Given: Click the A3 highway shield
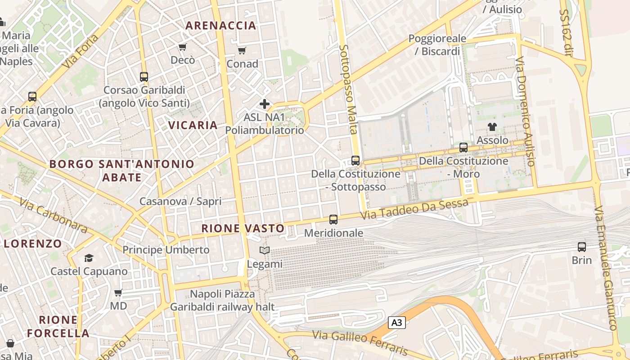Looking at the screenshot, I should click(x=396, y=322).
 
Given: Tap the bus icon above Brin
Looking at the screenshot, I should click(x=582, y=247).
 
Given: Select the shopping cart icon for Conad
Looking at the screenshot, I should click(x=242, y=50).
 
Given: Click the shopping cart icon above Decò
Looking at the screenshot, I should click(x=183, y=47).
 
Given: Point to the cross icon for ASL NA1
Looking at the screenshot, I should click(x=265, y=104).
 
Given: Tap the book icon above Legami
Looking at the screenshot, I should click(x=265, y=250).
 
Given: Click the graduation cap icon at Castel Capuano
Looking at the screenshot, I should click(x=89, y=258).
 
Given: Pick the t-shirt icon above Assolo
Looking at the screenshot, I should click(x=492, y=127).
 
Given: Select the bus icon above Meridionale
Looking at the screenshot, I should click(x=333, y=220).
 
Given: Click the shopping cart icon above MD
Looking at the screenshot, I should click(x=118, y=293).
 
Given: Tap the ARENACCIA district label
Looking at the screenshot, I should click(x=221, y=25).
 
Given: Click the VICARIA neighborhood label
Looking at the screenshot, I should click(x=193, y=125).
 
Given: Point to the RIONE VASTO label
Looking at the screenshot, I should click(x=243, y=228).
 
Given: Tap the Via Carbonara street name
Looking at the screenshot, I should click(x=54, y=216).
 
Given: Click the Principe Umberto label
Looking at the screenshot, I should click(x=166, y=250).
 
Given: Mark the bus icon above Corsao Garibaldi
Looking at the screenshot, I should click(x=144, y=77).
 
